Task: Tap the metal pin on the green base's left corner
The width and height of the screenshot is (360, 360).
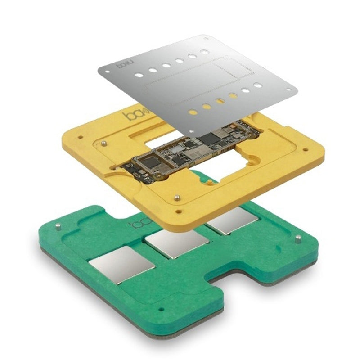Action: [x=59, y=227]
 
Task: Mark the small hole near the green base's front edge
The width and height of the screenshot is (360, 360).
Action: [x=161, y=310]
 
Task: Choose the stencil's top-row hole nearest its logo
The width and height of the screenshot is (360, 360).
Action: [x=140, y=72]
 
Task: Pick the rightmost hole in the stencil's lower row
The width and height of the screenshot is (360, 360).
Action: [x=258, y=85]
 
